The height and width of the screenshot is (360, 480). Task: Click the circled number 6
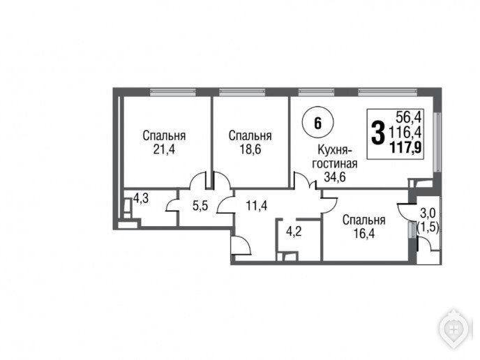click(x=317, y=123)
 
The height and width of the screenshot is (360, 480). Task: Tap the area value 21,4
click(x=164, y=150)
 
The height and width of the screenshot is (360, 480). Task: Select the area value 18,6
click(x=250, y=150)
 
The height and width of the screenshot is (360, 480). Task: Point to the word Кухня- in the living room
click(x=335, y=150)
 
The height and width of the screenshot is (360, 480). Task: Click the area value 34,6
click(x=335, y=177)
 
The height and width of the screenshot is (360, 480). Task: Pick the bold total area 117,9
click(x=405, y=148)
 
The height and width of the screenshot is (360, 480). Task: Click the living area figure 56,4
click(x=409, y=117)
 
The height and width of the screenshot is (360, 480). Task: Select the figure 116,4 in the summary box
click(x=405, y=133)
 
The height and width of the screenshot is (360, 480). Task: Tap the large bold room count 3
click(x=377, y=133)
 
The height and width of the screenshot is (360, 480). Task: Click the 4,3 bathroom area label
click(x=141, y=198)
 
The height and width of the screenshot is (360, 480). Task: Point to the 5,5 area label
click(x=200, y=206)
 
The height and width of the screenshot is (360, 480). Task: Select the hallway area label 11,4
click(x=257, y=205)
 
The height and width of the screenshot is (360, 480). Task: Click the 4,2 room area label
click(x=294, y=231)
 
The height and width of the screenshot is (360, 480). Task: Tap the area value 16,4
click(x=364, y=234)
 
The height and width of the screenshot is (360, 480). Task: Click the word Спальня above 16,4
click(x=364, y=220)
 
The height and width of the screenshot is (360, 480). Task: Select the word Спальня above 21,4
click(x=164, y=135)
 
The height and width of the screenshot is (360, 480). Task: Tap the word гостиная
click(x=335, y=163)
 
